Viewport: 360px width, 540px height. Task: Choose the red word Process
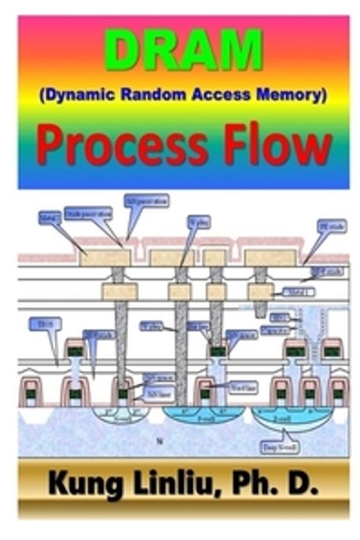tap(127, 148)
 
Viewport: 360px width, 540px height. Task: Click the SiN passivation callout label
tap(147, 201)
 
